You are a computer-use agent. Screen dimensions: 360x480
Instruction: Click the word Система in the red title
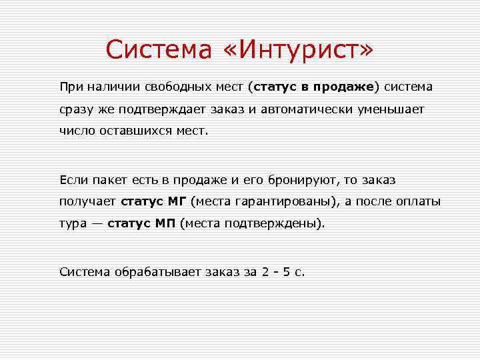[156, 49]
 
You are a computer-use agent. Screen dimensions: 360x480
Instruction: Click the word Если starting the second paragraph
[72, 179]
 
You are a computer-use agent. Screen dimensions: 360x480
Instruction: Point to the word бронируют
[299, 179]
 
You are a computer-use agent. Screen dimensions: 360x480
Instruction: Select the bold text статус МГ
[153, 201]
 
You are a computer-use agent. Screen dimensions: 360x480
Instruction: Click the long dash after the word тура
[96, 223]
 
